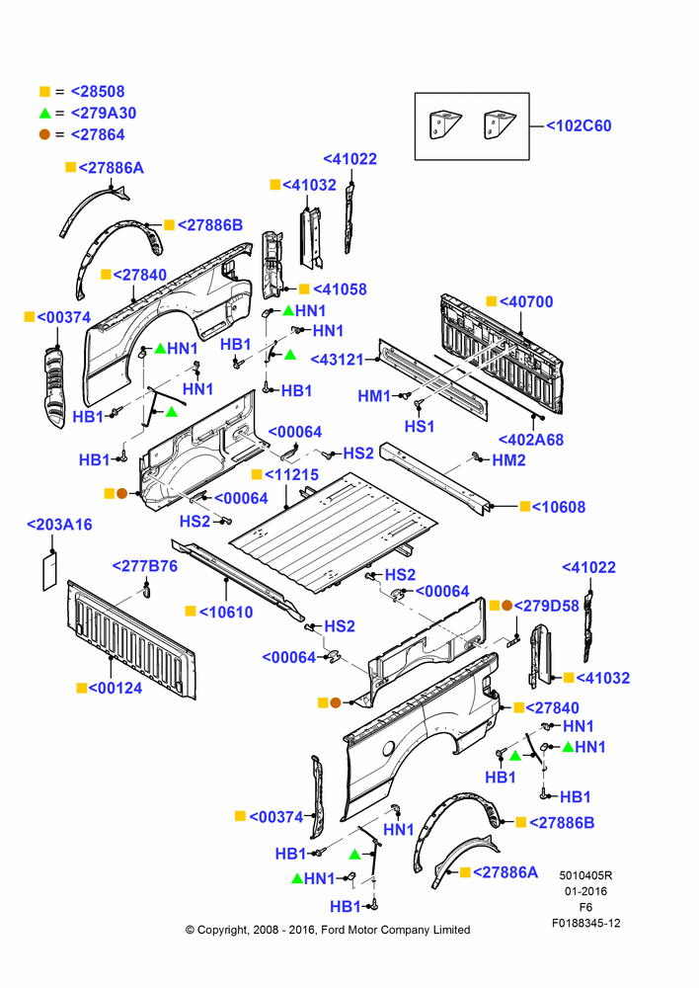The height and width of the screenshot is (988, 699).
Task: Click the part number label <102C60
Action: tap(579, 126)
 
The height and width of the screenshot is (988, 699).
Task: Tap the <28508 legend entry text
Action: tap(98, 91)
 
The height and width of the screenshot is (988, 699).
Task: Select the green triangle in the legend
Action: tap(44, 114)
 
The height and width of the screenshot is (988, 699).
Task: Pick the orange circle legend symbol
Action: tap(44, 134)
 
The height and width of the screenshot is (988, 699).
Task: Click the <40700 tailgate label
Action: tap(526, 301)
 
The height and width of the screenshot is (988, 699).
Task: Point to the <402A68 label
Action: tap(531, 440)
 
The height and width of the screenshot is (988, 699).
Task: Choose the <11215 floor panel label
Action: tap(291, 474)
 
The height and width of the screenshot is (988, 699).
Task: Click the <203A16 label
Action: tap(59, 525)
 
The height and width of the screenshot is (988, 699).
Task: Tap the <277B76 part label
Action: tap(145, 566)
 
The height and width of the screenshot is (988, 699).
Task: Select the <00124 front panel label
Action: tap(116, 688)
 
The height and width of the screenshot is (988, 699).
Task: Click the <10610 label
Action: tap(226, 612)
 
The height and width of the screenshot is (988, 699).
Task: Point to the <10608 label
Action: tap(559, 507)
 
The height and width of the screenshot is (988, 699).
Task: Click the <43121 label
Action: tap(338, 360)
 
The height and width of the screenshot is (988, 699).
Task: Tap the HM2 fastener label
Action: tap(508, 460)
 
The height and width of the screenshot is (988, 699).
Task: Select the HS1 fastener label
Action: tap(420, 427)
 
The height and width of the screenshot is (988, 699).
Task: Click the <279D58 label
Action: tap(547, 606)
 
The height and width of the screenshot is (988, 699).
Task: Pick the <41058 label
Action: tap(340, 289)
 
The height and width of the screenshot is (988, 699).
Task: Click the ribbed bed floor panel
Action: tap(334, 534)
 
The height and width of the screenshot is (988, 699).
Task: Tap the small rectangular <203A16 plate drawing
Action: tap(49, 570)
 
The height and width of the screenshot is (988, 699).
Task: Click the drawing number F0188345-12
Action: tap(586, 923)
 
